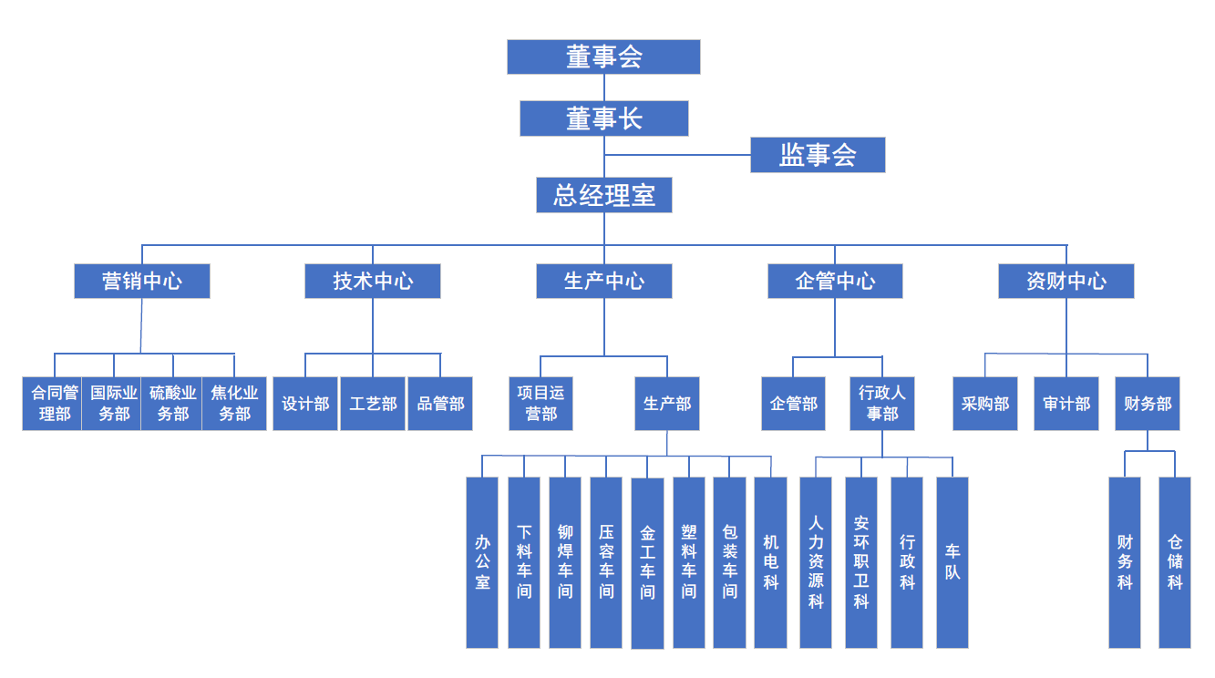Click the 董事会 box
(603, 56)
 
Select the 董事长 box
(603, 118)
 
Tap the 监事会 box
(818, 155)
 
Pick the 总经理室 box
(603, 195)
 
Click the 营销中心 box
(142, 281)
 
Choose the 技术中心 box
(373, 281)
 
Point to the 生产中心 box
(603, 281)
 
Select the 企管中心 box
(835, 281)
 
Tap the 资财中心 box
(1066, 281)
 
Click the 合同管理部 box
(53, 404)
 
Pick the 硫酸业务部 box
(171, 404)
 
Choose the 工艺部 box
(373, 404)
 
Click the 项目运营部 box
(541, 404)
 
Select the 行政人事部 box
(881, 404)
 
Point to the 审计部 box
(1066, 404)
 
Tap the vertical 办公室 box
(482, 562)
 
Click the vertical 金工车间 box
(647, 563)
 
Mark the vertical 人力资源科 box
(816, 562)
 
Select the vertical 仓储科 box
(1174, 562)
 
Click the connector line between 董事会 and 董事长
(603, 87)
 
